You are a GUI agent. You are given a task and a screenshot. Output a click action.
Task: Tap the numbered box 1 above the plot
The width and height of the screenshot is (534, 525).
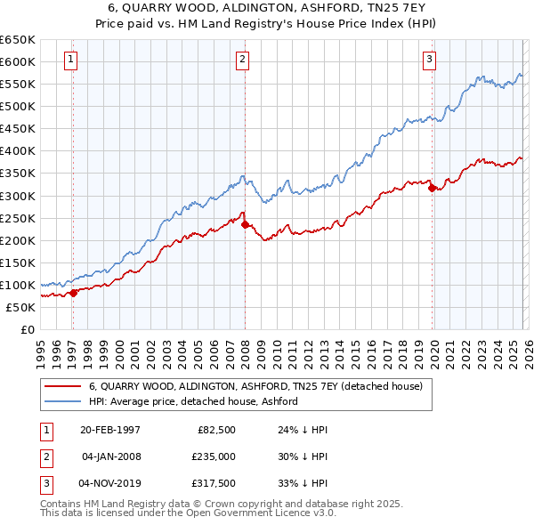pos(70,60)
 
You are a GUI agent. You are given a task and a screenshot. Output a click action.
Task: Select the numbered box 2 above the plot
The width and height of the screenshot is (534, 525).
pos(242,60)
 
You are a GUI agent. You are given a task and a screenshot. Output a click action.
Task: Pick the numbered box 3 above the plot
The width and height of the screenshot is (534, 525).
pos(429,60)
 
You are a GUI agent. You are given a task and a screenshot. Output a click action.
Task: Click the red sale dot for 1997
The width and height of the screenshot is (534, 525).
pos(74,293)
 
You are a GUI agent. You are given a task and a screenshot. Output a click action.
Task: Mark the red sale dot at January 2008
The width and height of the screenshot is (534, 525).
pos(245,224)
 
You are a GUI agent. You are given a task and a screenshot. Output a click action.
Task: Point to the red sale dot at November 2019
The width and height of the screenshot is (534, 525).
pos(432,188)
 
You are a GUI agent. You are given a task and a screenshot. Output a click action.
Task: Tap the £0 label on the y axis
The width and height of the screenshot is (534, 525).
pos(27,329)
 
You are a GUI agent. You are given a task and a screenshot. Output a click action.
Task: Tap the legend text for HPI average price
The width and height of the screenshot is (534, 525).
pos(192,401)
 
